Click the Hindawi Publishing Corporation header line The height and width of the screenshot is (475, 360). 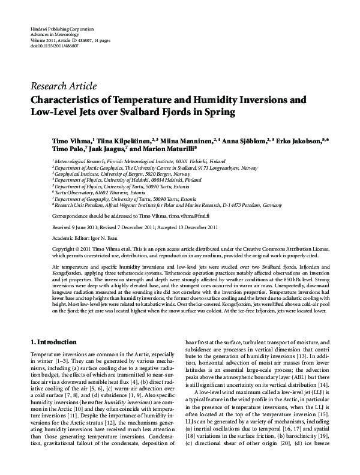coord(59,29)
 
